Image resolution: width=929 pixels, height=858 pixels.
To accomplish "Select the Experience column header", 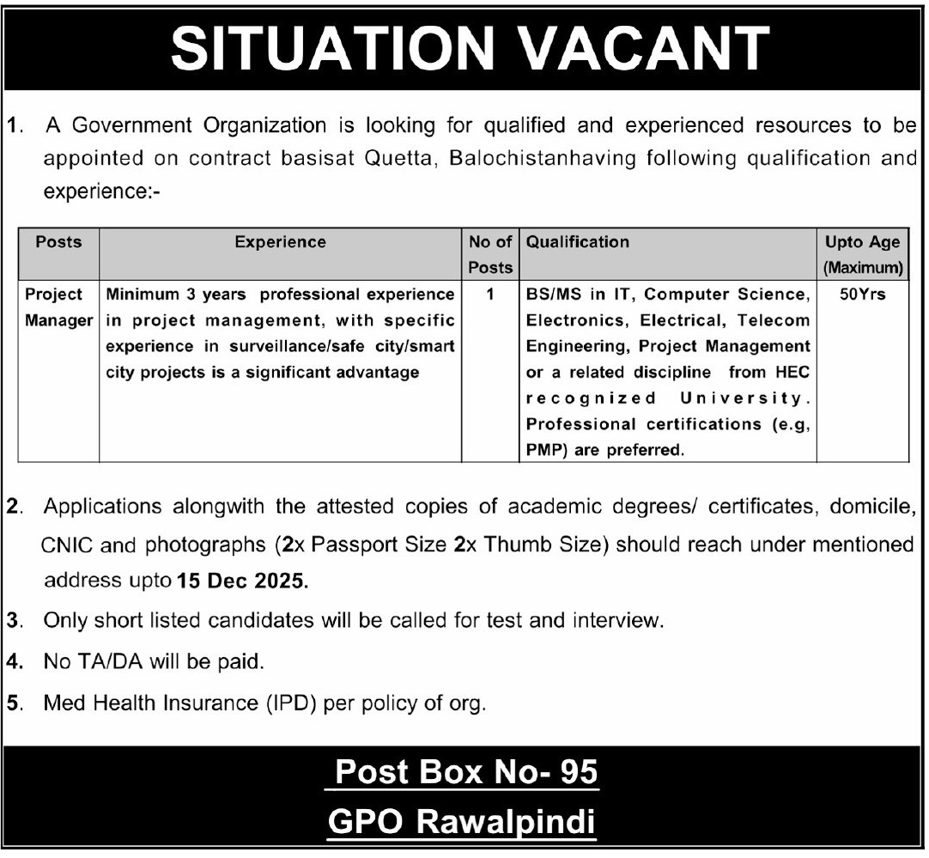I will (x=280, y=242).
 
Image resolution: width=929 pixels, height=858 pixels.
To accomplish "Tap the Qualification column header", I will (x=578, y=242).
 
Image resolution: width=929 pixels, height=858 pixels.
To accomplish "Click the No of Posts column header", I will (x=490, y=254).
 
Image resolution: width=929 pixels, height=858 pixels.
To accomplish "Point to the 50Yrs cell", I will (x=862, y=294).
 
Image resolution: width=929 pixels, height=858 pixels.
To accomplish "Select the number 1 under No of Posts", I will (x=490, y=294).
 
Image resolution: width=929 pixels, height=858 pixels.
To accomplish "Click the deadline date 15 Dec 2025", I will (x=241, y=581).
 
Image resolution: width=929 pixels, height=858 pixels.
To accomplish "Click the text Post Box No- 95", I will (x=465, y=772).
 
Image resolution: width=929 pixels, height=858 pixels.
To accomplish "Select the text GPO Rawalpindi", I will (x=462, y=822).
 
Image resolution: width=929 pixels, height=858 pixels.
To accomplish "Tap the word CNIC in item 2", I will (x=65, y=545).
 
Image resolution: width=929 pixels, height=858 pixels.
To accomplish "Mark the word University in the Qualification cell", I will (x=744, y=398).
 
